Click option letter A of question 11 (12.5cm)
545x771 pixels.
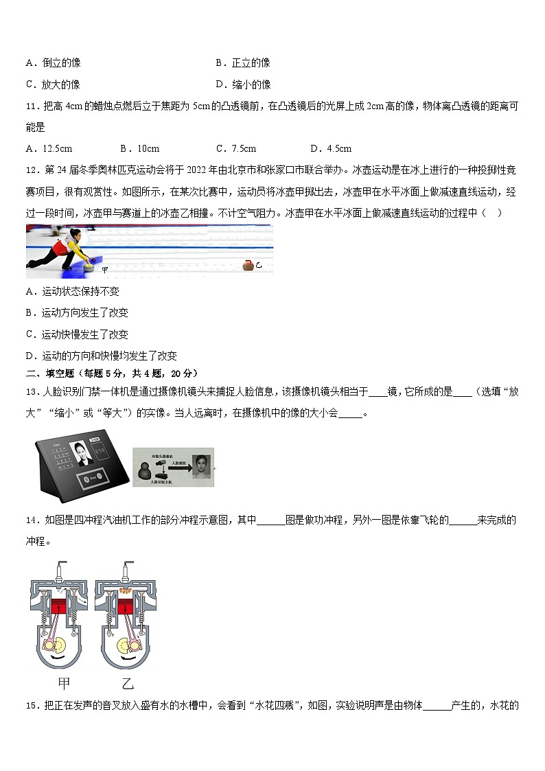pyautogui.click(x=30, y=149)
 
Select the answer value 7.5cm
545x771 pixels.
pyautogui.click(x=245, y=149)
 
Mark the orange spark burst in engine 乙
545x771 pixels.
pyautogui.click(x=126, y=590)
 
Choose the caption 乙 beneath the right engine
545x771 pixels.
pyautogui.click(x=127, y=683)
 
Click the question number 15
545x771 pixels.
pyautogui.click(x=31, y=705)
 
